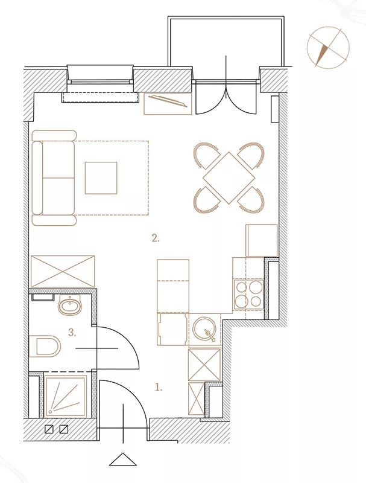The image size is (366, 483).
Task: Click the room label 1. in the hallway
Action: [x=159, y=388]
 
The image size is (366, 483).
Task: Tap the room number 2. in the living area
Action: [x=156, y=238]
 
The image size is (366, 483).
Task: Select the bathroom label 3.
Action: [x=72, y=333]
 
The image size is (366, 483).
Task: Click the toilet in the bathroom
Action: [x=45, y=346]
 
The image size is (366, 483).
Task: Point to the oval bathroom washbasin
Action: [x=70, y=305]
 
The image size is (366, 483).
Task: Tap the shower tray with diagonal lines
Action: [x=66, y=397]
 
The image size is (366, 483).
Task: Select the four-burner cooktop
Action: [x=248, y=294]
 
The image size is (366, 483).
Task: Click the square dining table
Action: [x=229, y=178]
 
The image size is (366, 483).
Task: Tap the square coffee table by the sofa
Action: [x=101, y=178]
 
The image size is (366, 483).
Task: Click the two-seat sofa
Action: [x=54, y=178]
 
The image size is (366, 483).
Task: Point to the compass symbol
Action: [x=328, y=47]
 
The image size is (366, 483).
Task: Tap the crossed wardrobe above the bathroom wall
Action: [x=63, y=271]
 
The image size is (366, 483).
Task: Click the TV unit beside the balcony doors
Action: [x=168, y=104]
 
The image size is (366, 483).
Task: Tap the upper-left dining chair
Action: [x=206, y=155]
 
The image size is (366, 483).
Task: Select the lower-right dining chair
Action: [x=252, y=200]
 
